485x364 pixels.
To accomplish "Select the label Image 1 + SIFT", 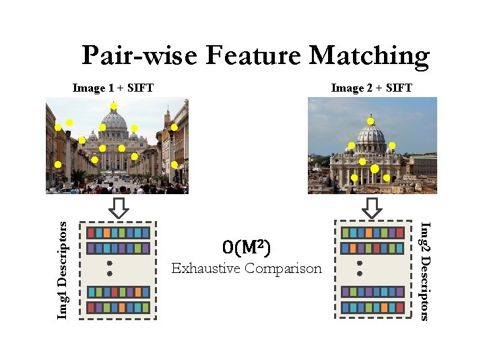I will click(113, 88).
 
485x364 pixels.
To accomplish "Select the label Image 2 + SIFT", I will click(372, 88).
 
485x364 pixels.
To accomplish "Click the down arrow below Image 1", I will click(119, 208).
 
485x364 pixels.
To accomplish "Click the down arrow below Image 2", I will click(372, 208).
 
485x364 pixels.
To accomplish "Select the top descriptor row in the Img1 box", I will click(119, 232).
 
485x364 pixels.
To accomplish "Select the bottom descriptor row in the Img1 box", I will click(119, 307).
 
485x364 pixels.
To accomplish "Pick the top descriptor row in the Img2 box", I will click(373, 233).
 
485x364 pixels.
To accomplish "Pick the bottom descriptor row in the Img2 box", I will click(373, 307).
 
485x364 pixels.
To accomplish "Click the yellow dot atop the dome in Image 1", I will click(114, 106).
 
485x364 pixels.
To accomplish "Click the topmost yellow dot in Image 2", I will click(370, 121).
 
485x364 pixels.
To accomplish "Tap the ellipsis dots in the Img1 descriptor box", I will click(108, 268).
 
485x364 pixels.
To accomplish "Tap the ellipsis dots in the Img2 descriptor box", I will click(360, 268).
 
